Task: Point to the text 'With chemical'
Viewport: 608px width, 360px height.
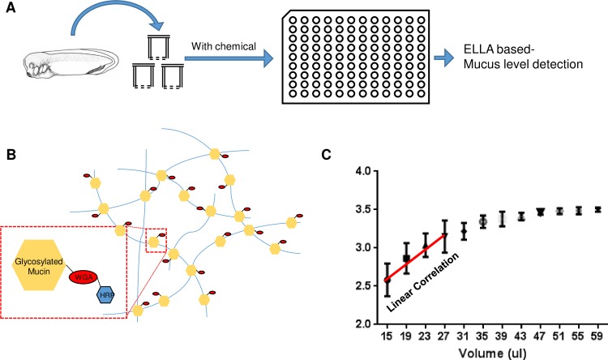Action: point(221,46)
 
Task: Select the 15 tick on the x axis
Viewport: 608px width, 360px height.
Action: point(387,336)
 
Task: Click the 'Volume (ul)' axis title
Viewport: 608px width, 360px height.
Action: point(491,352)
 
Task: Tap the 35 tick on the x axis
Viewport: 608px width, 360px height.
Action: point(482,336)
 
